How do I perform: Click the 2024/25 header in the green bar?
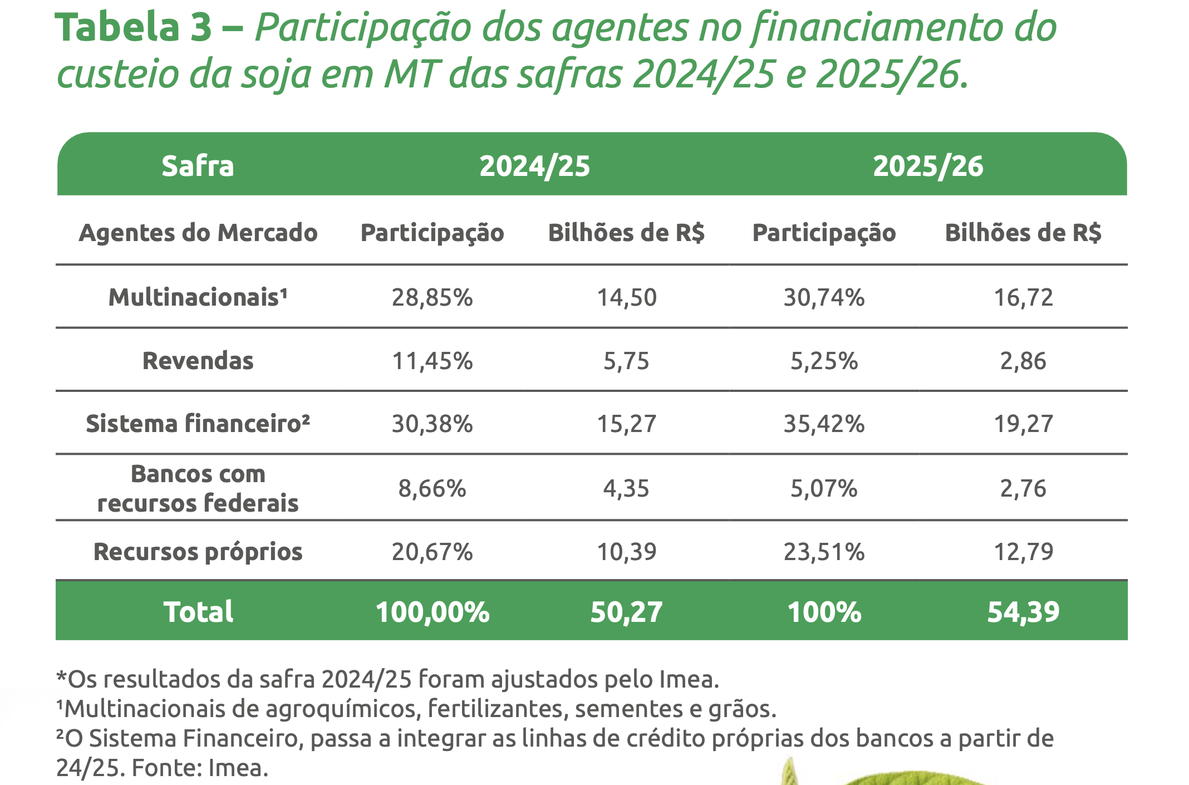click(x=534, y=166)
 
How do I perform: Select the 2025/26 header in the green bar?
click(x=928, y=166)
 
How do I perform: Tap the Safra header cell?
click(x=198, y=166)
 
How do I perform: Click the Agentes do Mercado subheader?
click(x=198, y=233)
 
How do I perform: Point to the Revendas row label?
click(x=198, y=361)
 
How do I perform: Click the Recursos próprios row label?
click(x=198, y=552)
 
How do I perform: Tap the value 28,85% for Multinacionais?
click(x=432, y=297)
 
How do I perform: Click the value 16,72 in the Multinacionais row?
click(x=1023, y=297)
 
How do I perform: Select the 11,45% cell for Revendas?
click(x=432, y=361)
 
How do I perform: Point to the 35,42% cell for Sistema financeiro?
click(x=824, y=424)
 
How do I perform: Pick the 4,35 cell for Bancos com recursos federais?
click(x=626, y=488)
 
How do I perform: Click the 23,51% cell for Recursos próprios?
click(x=824, y=552)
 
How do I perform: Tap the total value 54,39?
click(x=1023, y=612)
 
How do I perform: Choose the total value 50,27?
click(x=626, y=612)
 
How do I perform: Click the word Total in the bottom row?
click(x=198, y=612)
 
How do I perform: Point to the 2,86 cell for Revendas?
click(x=1023, y=361)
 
